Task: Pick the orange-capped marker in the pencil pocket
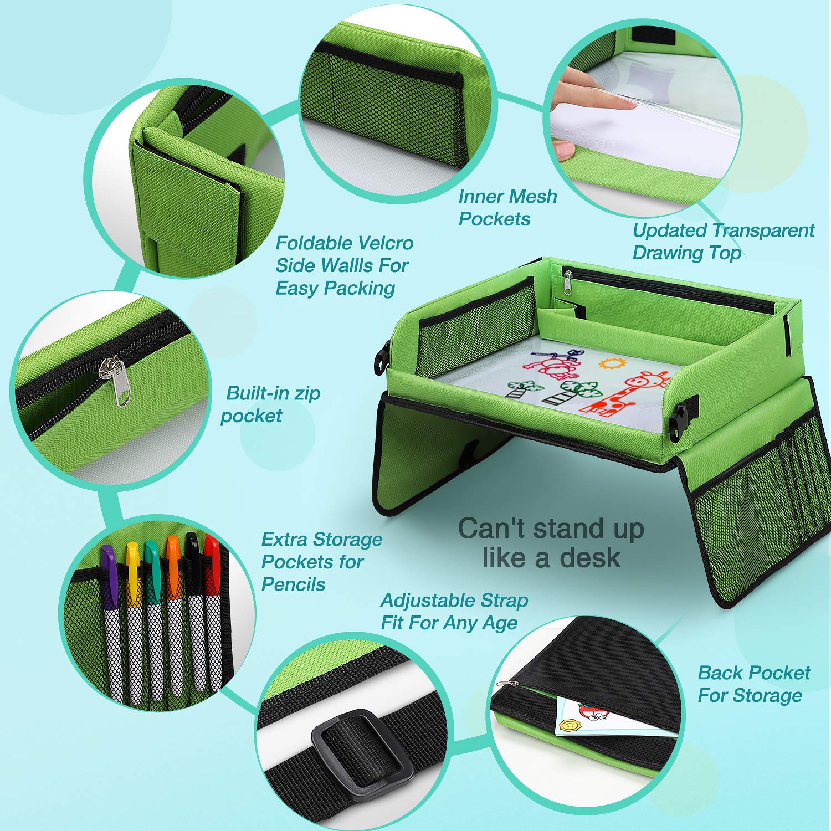point(174,615)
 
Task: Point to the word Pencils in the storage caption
point(294,584)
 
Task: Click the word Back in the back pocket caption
point(720,673)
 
